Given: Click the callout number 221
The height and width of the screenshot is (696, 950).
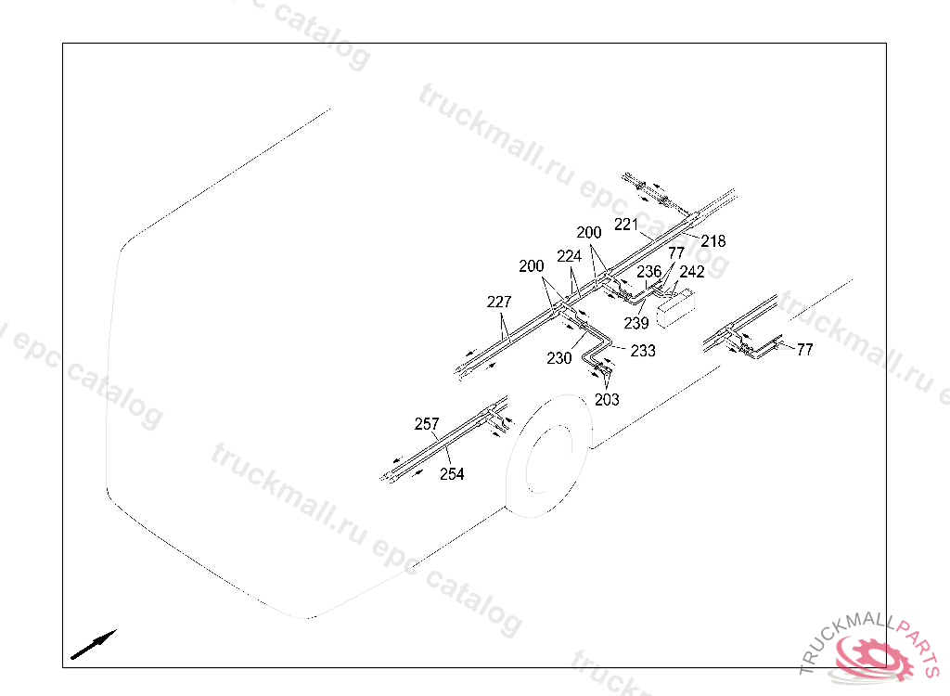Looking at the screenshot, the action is click(626, 225).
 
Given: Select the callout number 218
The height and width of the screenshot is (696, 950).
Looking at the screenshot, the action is click(713, 241).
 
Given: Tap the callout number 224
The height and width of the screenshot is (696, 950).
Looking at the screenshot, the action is click(570, 256).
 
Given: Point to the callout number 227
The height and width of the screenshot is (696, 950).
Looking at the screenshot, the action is click(499, 303).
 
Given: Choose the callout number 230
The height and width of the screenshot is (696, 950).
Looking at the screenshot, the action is click(559, 358).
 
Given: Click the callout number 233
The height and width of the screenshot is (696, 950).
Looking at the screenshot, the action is click(643, 351).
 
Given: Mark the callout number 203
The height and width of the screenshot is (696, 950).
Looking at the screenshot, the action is click(607, 400).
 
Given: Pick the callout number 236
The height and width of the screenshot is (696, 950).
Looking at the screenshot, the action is click(649, 272).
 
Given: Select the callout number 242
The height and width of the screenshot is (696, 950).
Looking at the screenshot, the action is click(692, 272).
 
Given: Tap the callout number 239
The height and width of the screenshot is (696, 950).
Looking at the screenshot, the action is click(636, 324).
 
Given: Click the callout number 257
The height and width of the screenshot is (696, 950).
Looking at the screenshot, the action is click(427, 424).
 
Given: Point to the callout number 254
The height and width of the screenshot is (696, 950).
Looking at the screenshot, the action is click(452, 474).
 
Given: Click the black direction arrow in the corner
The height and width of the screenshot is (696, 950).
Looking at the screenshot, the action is click(94, 644).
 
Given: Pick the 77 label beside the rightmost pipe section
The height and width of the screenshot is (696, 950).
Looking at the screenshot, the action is click(804, 350).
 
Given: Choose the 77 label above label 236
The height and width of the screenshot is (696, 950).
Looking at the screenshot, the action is click(676, 252).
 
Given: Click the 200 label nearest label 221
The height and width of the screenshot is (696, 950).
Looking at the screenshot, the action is click(589, 232).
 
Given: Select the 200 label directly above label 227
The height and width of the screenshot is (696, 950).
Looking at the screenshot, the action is click(532, 266).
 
